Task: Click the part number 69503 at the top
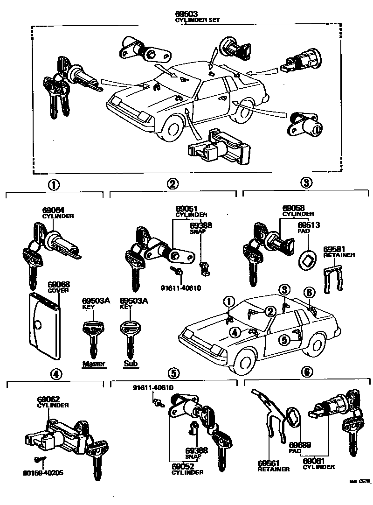point(186,14)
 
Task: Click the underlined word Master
point(94,364)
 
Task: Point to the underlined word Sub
point(131,364)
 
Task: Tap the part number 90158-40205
point(44,473)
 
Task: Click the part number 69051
point(185,209)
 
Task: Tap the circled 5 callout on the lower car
point(284,340)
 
